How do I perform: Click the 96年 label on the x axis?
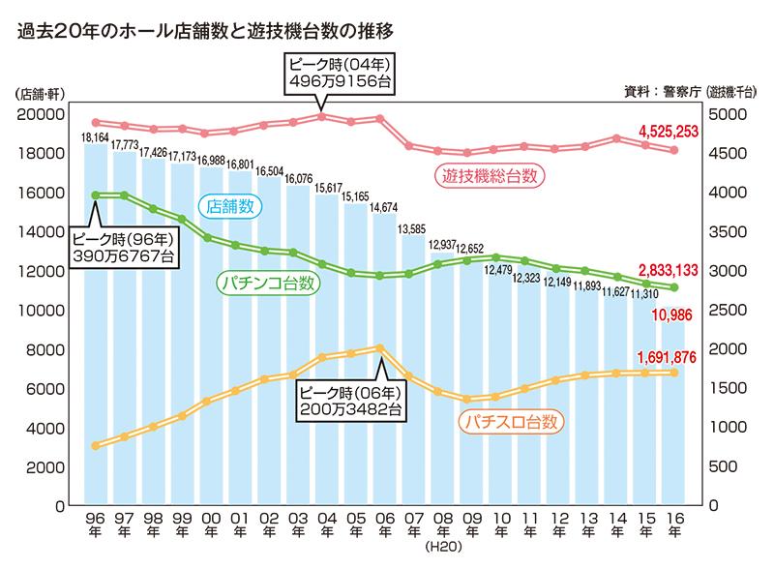tap(97, 525)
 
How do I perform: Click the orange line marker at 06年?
tap(380, 347)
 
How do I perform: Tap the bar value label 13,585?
tap(412, 228)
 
